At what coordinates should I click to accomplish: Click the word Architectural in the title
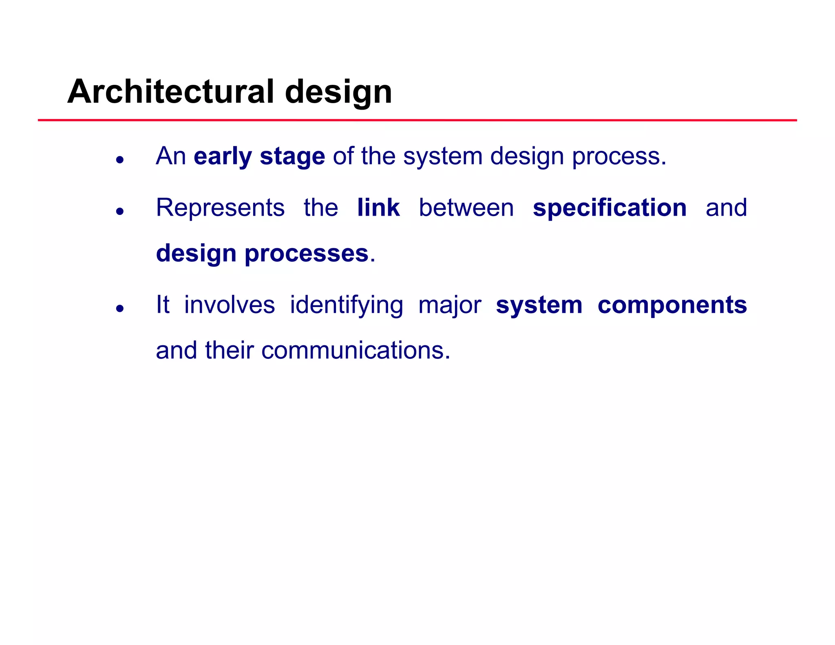[170, 91]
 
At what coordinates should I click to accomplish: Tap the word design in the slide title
[338, 92]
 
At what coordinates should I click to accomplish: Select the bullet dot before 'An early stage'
[119, 160]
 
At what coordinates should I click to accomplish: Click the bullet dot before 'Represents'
[119, 211]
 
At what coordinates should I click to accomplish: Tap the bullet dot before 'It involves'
[119, 308]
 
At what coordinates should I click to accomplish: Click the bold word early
[223, 157]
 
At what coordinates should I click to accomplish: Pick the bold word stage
[292, 157]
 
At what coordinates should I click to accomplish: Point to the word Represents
[220, 208]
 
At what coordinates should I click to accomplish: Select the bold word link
[378, 208]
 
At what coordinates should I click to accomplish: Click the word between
[466, 208]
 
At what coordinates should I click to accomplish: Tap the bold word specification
[610, 208]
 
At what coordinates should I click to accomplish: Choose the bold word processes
[306, 254]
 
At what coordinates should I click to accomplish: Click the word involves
[230, 305]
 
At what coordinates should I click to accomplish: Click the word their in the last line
[229, 351]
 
